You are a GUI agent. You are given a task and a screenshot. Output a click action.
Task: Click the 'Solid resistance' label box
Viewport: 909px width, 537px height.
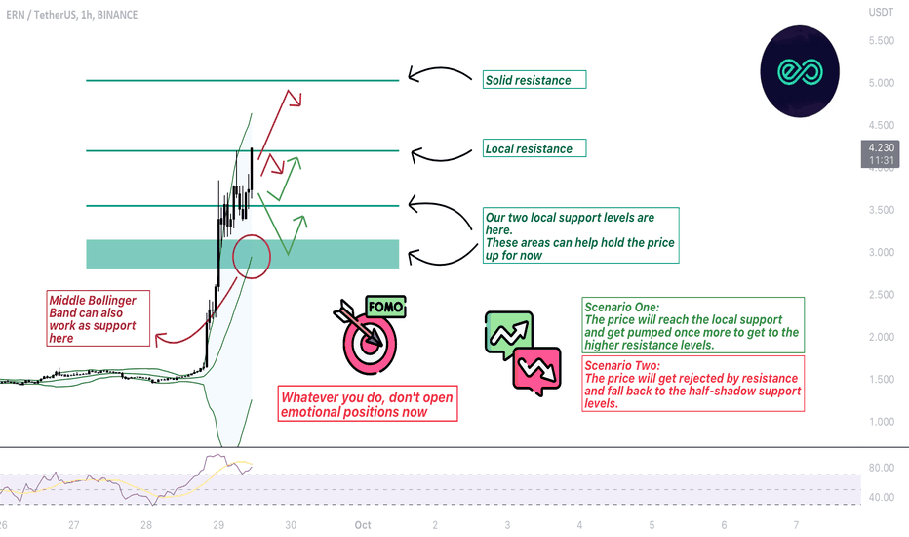(x=534, y=79)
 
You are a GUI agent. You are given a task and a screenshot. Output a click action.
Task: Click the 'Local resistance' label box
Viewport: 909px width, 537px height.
(x=534, y=148)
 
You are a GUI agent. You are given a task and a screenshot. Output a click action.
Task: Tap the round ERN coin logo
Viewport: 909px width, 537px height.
(x=800, y=71)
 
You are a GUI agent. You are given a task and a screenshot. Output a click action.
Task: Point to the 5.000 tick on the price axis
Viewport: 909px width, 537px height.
(x=881, y=83)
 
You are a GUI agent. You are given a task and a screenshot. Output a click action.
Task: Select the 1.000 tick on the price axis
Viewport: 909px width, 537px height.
(x=881, y=422)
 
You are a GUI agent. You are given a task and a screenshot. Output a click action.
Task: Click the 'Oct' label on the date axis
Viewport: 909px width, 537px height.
(x=363, y=525)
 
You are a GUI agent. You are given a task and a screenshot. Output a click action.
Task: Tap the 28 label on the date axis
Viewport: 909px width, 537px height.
(x=146, y=525)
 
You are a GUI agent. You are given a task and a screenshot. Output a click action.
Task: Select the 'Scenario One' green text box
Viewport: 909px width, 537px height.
(x=693, y=325)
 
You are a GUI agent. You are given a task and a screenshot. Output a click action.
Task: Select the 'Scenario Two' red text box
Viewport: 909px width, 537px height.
(x=693, y=384)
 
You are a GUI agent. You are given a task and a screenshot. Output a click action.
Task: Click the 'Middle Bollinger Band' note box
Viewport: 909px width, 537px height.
(x=98, y=318)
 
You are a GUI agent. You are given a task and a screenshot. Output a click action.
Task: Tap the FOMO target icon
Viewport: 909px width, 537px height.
(x=370, y=335)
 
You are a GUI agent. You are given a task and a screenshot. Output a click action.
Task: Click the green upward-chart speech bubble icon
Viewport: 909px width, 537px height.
(x=509, y=334)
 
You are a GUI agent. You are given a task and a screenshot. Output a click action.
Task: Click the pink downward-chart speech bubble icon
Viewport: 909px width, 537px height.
(x=537, y=370)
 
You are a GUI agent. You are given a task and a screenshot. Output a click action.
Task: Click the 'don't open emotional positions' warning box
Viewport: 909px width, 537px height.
(x=368, y=403)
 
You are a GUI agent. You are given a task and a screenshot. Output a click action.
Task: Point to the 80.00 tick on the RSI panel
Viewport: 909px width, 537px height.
(x=881, y=468)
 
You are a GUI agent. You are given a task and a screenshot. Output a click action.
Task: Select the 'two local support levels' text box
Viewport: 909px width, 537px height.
(x=581, y=235)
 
